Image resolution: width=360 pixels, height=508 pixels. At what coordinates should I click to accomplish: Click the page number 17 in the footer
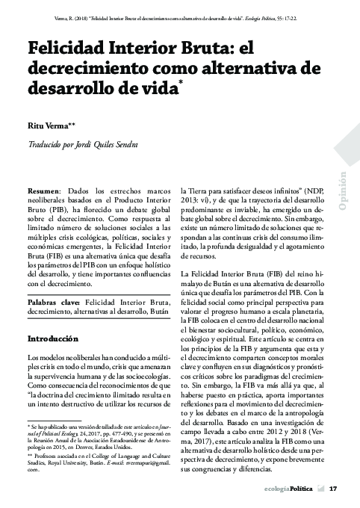334,489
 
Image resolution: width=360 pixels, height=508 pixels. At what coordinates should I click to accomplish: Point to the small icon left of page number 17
320,489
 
